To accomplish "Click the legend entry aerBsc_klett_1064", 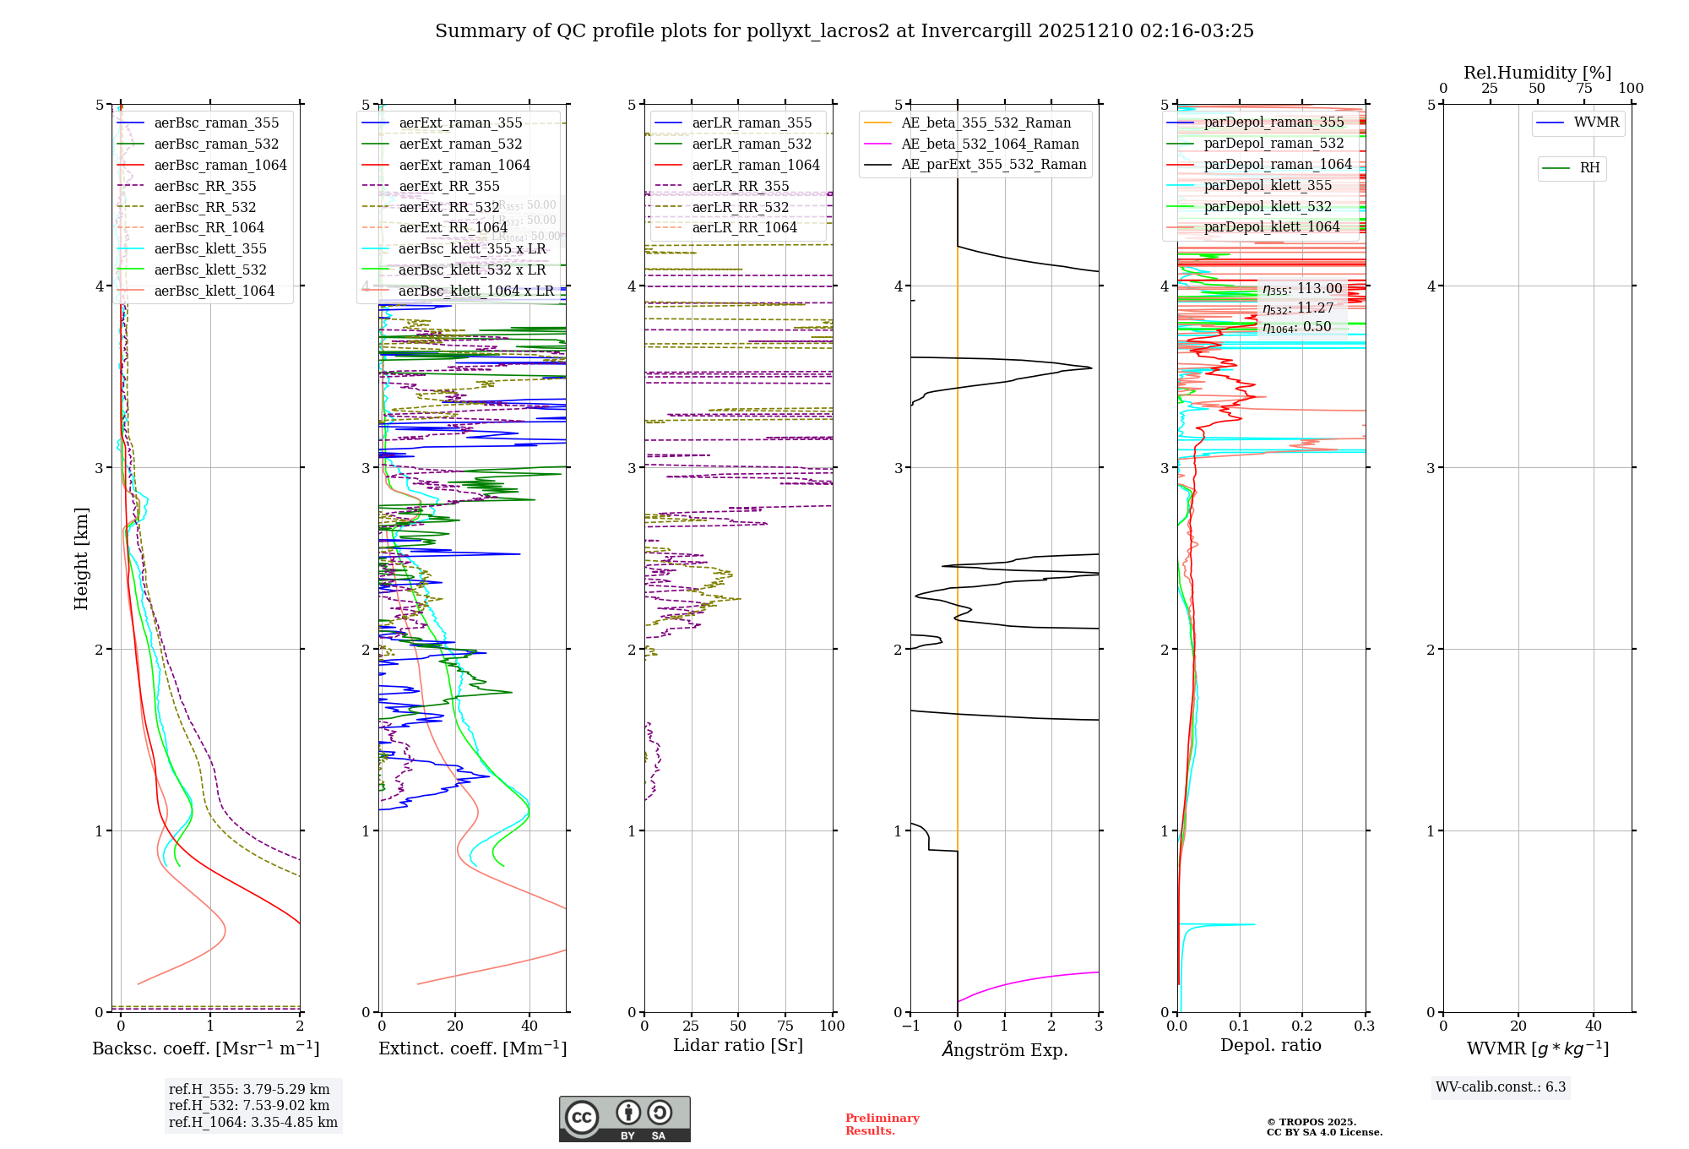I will tap(214, 291).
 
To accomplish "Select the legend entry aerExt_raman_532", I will tap(460, 144).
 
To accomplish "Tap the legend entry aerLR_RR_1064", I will tap(744, 227).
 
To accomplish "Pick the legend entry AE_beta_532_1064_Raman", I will tap(990, 144).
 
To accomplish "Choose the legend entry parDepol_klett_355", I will tap(1268, 185).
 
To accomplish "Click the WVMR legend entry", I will tap(1596, 123).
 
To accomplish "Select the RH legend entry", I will tap(1589, 168).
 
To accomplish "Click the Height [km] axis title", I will tap(81, 558).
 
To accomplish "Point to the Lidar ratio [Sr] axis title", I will tap(737, 1045).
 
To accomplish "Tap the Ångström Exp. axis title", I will tap(1004, 1049).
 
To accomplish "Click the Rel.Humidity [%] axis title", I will tap(1537, 73).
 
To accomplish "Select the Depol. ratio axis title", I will tap(1270, 1045).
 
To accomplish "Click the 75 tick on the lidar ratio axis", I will tap(785, 1026).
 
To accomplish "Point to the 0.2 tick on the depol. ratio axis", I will tap(1302, 1026).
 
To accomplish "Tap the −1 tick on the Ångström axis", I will tap(910, 1026).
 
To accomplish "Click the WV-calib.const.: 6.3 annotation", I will tap(1500, 1086).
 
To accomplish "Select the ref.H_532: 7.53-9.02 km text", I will tap(249, 1105).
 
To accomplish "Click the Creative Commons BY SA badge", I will tap(624, 1119).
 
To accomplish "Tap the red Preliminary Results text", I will tap(882, 1124).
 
